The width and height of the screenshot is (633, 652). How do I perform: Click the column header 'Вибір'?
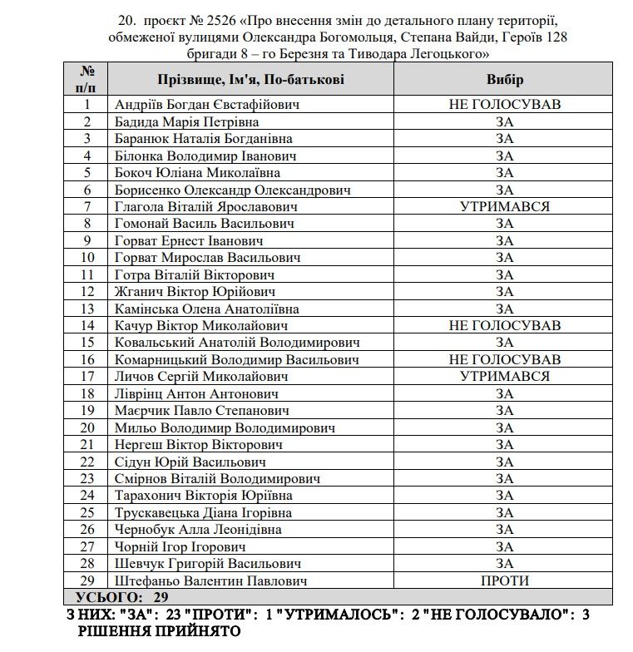click(504, 79)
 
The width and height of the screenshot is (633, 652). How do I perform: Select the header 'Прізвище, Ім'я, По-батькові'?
click(250, 79)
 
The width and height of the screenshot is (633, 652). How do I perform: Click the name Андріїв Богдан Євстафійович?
click(207, 105)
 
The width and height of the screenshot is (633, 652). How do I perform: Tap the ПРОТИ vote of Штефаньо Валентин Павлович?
click(504, 580)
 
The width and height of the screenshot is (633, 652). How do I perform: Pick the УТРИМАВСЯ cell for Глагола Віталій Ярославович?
click(504, 206)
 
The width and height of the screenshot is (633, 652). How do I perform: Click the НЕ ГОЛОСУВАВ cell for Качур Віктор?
click(504, 325)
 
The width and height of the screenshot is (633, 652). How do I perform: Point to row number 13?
click(87, 309)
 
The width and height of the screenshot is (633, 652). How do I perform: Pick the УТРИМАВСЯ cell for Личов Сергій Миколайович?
click(504, 376)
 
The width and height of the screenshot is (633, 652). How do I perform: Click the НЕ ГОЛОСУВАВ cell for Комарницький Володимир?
click(504, 359)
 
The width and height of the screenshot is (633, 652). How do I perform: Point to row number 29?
click(87, 580)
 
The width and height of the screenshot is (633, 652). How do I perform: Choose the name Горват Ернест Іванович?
click(189, 240)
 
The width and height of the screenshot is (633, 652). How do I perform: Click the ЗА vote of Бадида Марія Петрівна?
click(504, 121)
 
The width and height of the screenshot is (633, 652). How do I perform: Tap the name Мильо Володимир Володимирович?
click(225, 427)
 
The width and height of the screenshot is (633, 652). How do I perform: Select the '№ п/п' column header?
click(87, 79)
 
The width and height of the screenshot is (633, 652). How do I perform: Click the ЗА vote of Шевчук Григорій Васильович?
click(504, 563)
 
